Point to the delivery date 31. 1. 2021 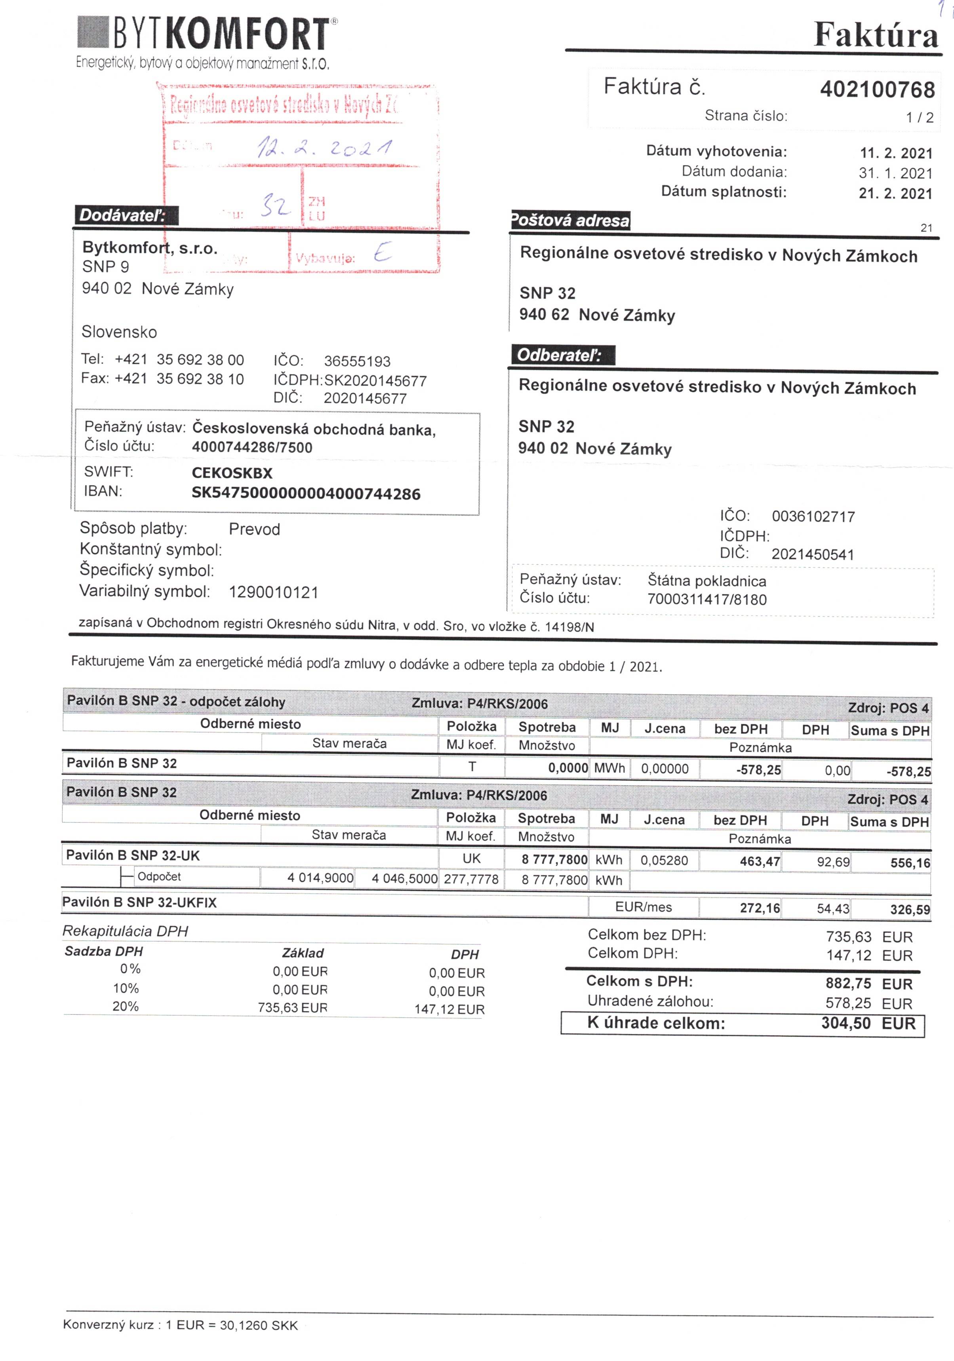895,174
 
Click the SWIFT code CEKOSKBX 232,473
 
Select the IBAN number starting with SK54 306,494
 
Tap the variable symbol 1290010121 273,592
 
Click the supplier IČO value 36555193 357,362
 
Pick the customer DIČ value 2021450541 812,555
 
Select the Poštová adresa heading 570,221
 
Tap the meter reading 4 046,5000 404,878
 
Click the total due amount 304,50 845,1023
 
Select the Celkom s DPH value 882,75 848,983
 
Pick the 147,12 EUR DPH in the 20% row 449,1009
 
